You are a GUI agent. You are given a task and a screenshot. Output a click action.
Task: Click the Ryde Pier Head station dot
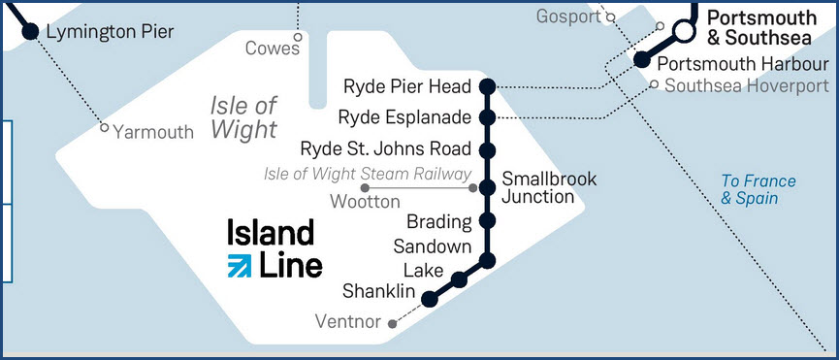pos(488,85)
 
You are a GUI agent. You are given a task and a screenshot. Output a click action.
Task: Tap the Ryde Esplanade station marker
pos(488,117)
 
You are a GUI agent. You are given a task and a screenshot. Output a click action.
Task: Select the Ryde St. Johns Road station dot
pos(488,150)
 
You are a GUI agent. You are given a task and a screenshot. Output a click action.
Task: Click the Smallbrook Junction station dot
pos(488,188)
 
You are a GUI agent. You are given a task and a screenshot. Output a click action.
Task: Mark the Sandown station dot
pos(488,260)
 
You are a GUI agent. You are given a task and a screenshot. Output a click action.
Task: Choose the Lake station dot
pos(460,280)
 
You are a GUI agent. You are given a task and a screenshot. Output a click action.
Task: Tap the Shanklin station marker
pos(431,300)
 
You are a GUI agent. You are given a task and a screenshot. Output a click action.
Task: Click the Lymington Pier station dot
pos(30,32)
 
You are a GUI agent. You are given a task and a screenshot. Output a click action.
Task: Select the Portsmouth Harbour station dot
pos(641,60)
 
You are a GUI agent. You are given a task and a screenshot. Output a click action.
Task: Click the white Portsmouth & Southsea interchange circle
pos(685,32)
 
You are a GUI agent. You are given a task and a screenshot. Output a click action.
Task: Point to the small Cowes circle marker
pos(298,39)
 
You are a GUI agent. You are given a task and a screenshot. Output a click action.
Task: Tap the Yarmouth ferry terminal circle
pos(105,128)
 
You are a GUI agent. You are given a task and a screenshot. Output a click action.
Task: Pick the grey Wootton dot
pos(365,187)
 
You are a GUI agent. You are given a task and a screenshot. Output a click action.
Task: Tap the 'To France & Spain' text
pos(758,189)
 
